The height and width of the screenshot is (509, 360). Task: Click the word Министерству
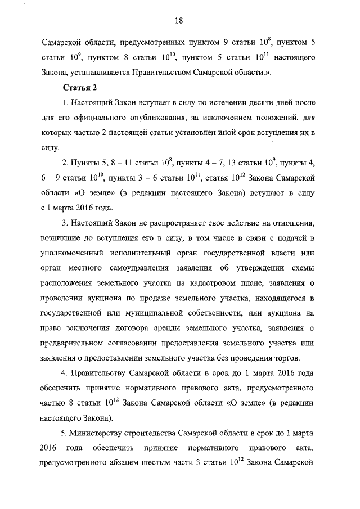click(x=98, y=433)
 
